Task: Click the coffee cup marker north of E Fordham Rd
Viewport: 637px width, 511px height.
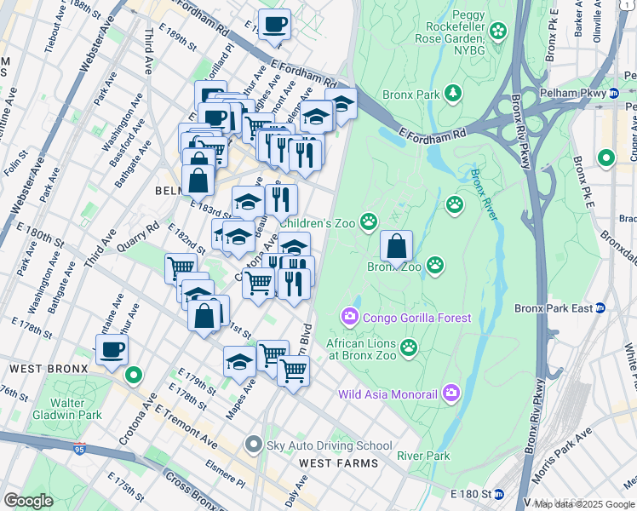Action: pos(274,26)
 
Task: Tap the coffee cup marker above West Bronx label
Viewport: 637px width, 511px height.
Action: pos(112,349)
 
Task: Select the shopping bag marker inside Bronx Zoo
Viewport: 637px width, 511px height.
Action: pos(396,248)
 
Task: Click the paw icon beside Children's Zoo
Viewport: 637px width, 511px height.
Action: pos(369,222)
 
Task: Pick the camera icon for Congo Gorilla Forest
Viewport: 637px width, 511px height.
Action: pos(350,318)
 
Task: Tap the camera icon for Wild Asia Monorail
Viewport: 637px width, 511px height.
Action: pos(450,393)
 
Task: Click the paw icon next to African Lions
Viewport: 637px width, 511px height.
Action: pos(410,347)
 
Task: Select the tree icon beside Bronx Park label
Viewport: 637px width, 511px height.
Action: pos(455,91)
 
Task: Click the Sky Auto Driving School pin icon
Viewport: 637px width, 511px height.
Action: pos(253,445)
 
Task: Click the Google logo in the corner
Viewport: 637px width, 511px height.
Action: pos(28,501)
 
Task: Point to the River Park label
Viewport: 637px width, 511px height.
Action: pos(423,456)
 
